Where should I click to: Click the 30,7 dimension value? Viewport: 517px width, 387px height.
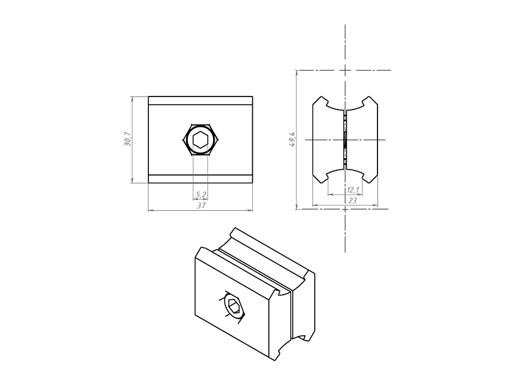coord(128,139)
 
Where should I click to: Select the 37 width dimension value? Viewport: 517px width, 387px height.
coord(201,205)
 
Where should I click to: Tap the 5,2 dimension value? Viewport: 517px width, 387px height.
coord(201,195)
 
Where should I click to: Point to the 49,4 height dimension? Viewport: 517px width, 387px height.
coord(292,139)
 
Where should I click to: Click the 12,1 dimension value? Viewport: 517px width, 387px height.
coord(353,190)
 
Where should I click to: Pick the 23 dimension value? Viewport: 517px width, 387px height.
coord(352,201)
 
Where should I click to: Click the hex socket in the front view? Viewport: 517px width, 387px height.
coord(200,140)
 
